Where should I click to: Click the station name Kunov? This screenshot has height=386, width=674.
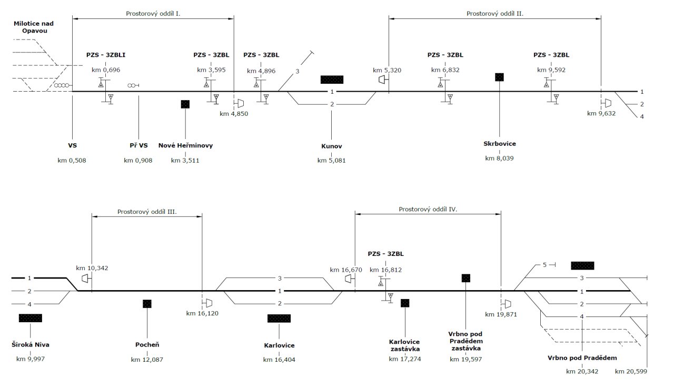tap(331, 146)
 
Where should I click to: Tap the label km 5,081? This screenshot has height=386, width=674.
tap(331, 160)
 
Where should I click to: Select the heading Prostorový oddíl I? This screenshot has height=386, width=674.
tap(153, 13)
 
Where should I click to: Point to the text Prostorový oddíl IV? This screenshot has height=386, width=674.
tap(428, 209)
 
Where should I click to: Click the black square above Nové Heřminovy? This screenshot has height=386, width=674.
tap(185, 104)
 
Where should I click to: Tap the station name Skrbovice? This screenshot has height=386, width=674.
tap(499, 143)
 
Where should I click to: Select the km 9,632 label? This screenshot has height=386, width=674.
tap(601, 113)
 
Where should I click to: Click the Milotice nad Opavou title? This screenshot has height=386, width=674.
tap(34, 27)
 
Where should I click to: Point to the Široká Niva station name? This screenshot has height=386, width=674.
tap(31, 345)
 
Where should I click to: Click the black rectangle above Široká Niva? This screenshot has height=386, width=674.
tap(31, 318)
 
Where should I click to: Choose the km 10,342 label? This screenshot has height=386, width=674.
tap(92, 268)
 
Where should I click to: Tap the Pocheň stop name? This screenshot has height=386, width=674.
tap(147, 345)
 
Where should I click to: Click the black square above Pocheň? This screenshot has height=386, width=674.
tap(147, 303)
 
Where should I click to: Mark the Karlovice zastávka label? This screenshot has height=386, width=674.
tap(404, 345)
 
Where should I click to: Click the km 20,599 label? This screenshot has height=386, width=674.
tap(631, 371)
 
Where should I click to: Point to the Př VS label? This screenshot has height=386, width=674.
tap(138, 146)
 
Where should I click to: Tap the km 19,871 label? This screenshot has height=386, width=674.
tap(500, 314)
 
